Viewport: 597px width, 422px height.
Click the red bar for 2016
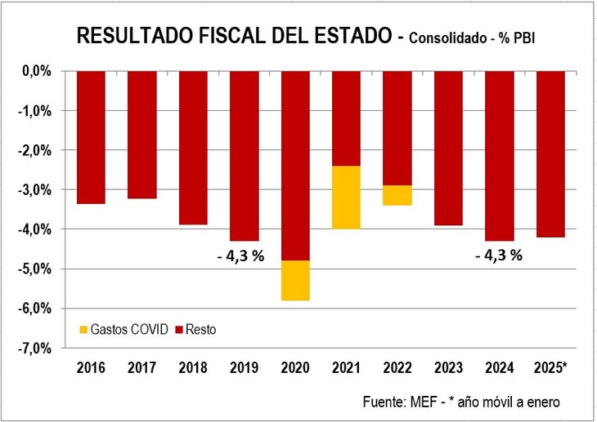coord(91,137)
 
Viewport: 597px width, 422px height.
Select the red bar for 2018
coord(193,148)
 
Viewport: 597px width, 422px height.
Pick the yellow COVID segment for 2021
coord(346,198)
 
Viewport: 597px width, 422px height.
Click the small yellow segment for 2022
coord(397,195)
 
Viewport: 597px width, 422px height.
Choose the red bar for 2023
coord(448,148)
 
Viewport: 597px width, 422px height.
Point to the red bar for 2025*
coord(550,154)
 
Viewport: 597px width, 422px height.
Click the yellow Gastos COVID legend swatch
coord(83,330)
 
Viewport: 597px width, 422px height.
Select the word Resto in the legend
coord(202,330)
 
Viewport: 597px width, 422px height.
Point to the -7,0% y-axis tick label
coord(35,349)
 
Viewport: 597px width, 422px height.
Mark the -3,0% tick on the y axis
coord(35,190)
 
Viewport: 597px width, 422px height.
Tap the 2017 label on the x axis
coord(142,367)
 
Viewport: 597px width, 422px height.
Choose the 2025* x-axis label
coord(550,367)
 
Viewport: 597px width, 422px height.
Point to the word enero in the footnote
coord(542,402)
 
